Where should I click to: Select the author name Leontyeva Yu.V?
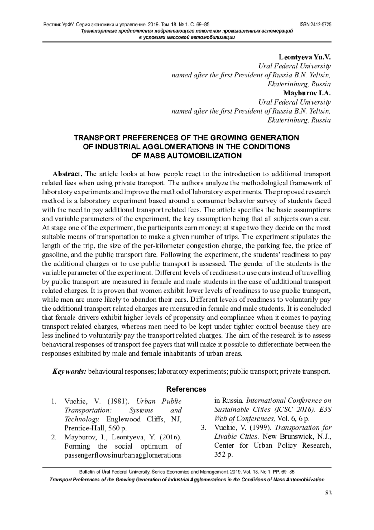point(304,57)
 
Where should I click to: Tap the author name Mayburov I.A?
point(307,93)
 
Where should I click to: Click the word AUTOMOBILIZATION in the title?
point(204,156)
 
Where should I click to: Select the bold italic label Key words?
point(69,371)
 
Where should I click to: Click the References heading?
point(186,389)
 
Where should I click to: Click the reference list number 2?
point(54,437)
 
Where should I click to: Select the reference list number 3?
point(204,428)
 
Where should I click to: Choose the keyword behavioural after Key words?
point(106,371)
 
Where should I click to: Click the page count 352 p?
point(223,455)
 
